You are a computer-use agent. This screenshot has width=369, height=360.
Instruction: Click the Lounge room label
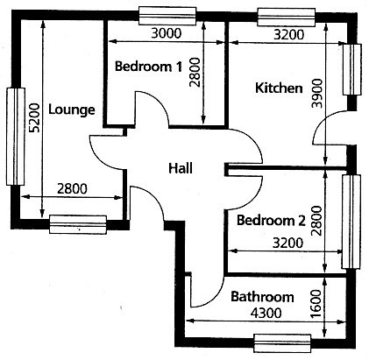pyautogui.click(x=72, y=110)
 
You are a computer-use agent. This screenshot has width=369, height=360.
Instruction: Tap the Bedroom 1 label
pyautogui.click(x=148, y=67)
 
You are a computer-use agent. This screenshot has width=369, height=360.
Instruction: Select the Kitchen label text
pyautogui.click(x=279, y=88)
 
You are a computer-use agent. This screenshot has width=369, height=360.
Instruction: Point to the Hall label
pyautogui.click(x=181, y=168)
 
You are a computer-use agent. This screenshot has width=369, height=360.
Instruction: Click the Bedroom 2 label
pyautogui.click(x=271, y=220)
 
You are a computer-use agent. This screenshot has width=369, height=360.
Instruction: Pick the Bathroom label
pyautogui.click(x=262, y=297)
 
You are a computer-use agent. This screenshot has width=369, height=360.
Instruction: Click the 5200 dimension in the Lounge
pyautogui.click(x=34, y=117)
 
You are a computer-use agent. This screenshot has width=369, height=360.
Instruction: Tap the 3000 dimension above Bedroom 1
pyautogui.click(x=167, y=33)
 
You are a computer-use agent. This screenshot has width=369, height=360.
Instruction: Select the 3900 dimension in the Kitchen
pyautogui.click(x=317, y=94)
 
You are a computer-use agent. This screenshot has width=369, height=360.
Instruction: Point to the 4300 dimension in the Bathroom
pyautogui.click(x=266, y=313)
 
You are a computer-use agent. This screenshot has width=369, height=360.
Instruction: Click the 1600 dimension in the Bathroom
pyautogui.click(x=316, y=304)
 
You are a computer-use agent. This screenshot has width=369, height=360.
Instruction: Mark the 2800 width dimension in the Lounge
pyautogui.click(x=72, y=188)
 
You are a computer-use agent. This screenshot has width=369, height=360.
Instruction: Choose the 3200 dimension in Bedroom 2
pyautogui.click(x=287, y=243)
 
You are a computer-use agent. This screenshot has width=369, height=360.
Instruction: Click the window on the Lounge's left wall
pyautogui.click(x=16, y=137)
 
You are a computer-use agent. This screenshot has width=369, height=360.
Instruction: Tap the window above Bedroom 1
pyautogui.click(x=167, y=16)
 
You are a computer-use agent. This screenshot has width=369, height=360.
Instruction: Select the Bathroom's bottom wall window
pyautogui.click(x=282, y=343)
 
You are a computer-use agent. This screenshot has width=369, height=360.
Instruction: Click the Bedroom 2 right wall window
pyautogui.click(x=351, y=222)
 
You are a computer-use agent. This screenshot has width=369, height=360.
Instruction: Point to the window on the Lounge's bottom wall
pyautogui.click(x=77, y=224)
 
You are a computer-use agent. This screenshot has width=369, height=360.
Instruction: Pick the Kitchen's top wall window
pyautogui.click(x=286, y=18)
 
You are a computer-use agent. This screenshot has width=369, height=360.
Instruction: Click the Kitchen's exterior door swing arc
pyautogui.click(x=323, y=120)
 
